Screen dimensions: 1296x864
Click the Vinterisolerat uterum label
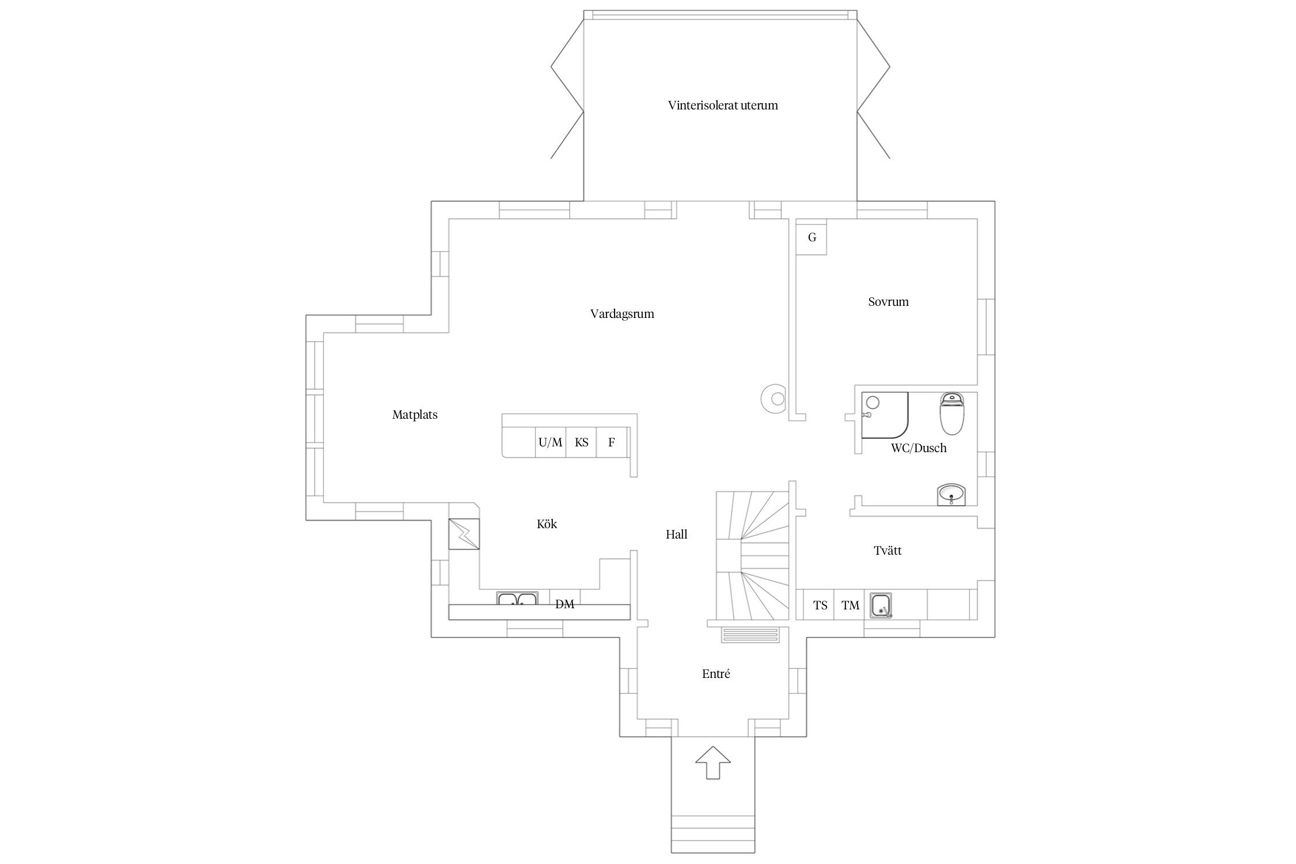723,105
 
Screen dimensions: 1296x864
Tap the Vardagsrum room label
622,314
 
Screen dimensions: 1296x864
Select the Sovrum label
888,302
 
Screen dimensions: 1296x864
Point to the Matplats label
415,415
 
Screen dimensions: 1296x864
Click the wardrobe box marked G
812,237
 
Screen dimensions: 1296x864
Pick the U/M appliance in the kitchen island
550,442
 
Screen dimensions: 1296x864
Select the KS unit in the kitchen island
581,442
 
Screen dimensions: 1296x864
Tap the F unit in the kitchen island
611,442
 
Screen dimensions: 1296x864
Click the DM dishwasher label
564,604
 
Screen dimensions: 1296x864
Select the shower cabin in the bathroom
885,415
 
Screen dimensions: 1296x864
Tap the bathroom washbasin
952,494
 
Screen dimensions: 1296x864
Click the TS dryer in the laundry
820,605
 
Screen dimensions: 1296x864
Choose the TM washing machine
850,605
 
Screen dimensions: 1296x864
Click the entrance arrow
713,762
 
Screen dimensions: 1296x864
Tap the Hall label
677,535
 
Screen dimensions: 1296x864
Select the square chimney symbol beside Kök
464,534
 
